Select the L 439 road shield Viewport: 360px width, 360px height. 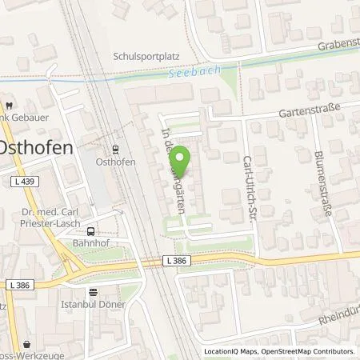[x=16, y=183]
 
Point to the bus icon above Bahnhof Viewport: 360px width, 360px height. [x=90, y=228]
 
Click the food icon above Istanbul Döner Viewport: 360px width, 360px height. [x=94, y=292]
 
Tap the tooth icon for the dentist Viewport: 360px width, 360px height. [x=7, y=105]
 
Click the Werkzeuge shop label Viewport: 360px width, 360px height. [x=36, y=355]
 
